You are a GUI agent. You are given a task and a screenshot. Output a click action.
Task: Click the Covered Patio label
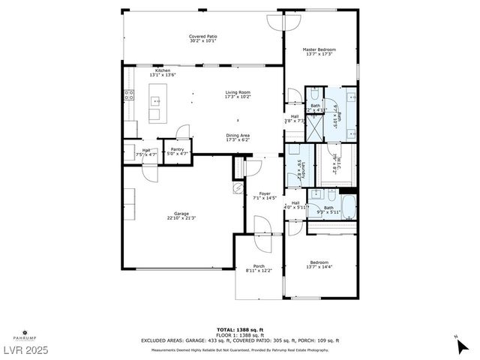pyautogui.click(x=202, y=36)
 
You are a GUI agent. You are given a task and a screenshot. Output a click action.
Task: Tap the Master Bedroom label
pyautogui.click(x=320, y=49)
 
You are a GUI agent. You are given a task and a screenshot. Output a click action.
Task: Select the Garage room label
pyautogui.click(x=181, y=214)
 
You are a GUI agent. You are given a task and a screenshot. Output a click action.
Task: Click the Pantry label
pyautogui.click(x=177, y=149)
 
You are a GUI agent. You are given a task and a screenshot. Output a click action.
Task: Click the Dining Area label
pyautogui.click(x=238, y=135)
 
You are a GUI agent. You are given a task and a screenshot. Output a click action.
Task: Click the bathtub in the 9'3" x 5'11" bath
pyautogui.click(x=349, y=208)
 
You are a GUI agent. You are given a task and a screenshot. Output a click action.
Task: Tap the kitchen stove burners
pyautogui.click(x=128, y=95)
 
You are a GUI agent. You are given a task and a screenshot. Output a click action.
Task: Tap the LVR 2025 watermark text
pyautogui.click(x=25, y=350)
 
